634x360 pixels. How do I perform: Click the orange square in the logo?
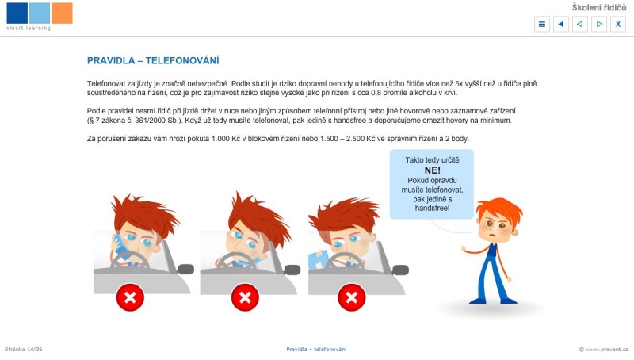(x=62, y=13)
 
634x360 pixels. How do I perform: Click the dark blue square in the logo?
(x=17, y=13)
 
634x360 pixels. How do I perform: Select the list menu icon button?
(x=542, y=25)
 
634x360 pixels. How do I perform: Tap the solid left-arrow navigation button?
(x=561, y=25)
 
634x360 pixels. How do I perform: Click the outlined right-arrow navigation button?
(x=599, y=25)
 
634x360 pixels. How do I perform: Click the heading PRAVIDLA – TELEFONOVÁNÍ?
(x=153, y=61)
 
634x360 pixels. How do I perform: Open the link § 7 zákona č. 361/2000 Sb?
(x=133, y=121)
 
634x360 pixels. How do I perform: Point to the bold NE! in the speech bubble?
(x=432, y=170)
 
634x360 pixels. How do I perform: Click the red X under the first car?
(x=130, y=297)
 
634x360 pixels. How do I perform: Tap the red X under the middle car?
(x=245, y=297)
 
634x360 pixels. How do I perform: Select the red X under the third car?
(x=352, y=297)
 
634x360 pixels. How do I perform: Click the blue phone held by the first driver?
(x=120, y=246)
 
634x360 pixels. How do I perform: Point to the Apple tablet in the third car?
(x=319, y=259)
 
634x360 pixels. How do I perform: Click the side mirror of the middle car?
(x=292, y=270)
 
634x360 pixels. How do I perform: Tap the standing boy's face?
(x=495, y=228)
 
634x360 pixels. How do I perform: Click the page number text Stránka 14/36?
(x=24, y=349)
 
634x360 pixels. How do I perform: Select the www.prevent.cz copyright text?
(x=604, y=349)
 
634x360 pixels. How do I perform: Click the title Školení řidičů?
(x=599, y=7)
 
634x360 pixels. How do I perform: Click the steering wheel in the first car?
(x=130, y=261)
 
